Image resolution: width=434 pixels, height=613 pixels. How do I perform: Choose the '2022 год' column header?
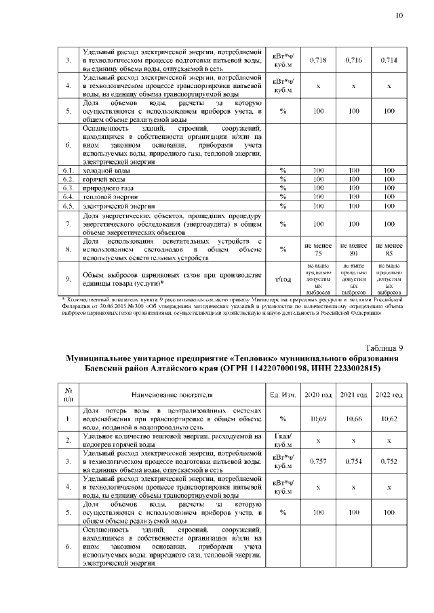click(x=389, y=394)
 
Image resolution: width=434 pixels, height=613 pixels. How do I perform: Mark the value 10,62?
click(x=389, y=419)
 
